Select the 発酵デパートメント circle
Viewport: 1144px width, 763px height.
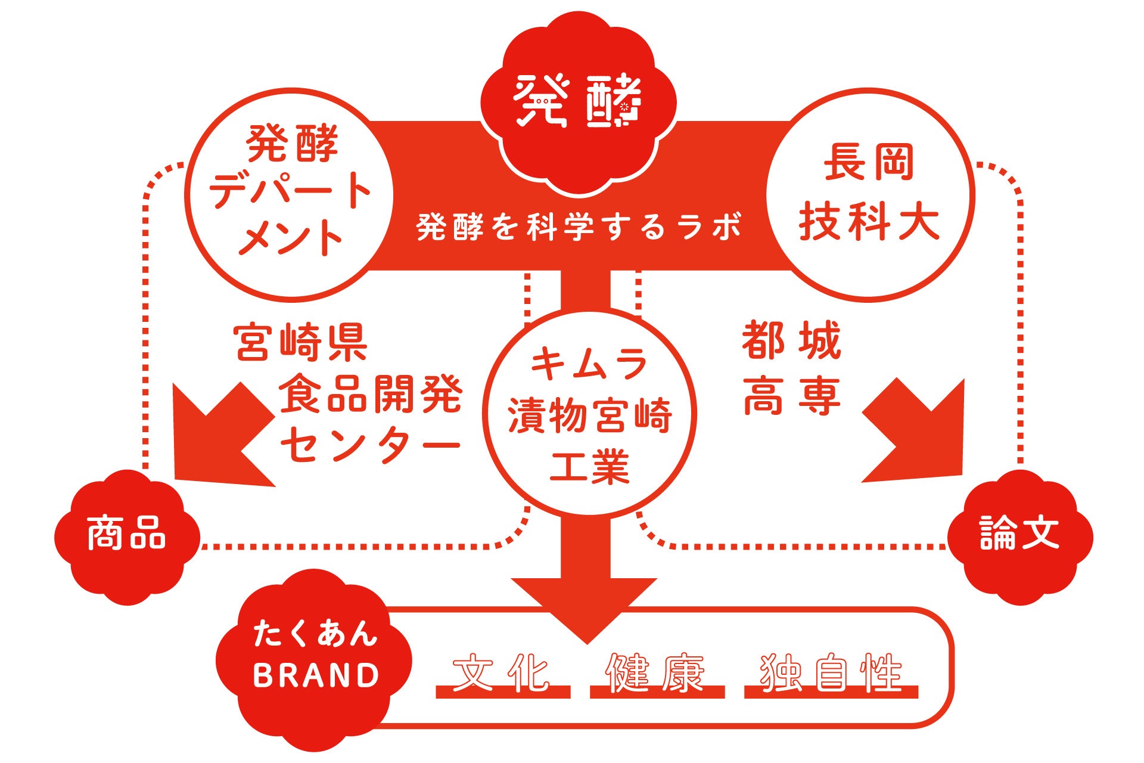click(x=290, y=194)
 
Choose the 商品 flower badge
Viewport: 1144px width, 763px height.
click(x=126, y=535)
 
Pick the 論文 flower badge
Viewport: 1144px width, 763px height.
click(x=1019, y=535)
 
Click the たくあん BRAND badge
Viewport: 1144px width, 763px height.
click(x=315, y=656)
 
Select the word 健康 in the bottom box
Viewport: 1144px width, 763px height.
click(x=656, y=674)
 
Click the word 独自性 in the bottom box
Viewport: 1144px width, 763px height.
click(x=831, y=674)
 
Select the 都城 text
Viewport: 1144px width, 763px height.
click(x=791, y=340)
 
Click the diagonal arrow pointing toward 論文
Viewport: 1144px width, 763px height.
click(x=918, y=434)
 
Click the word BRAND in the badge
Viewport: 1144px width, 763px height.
click(x=316, y=675)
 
